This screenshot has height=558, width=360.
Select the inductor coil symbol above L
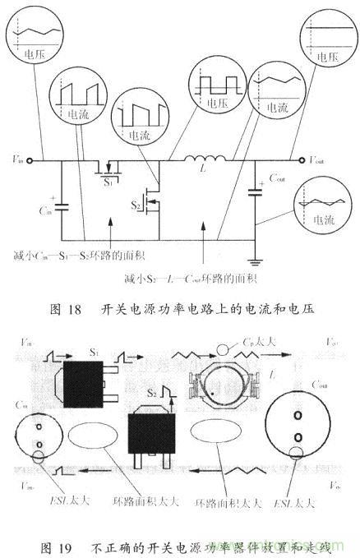pyautogui.click(x=202, y=159)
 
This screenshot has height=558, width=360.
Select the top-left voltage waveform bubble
pyautogui.click(x=33, y=34)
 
